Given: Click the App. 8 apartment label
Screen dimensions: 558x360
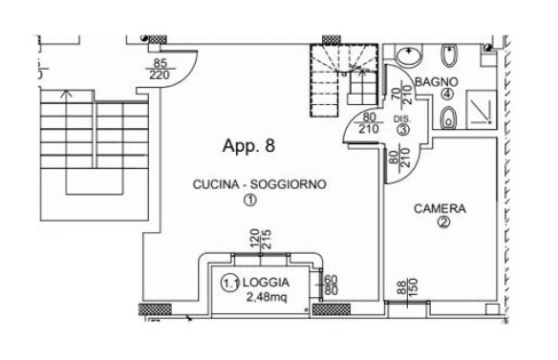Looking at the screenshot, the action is coord(248,146).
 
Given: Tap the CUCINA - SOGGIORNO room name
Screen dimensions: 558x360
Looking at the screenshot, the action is coord(260,184).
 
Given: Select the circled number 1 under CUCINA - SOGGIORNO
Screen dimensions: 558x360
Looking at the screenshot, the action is coord(249,200).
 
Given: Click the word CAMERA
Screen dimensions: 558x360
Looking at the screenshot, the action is coord(440,208).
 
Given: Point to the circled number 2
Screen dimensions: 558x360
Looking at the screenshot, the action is coord(443,222).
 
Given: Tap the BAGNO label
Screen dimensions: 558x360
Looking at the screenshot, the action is coord(437,82).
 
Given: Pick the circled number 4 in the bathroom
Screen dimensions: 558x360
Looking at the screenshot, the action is coord(447,95).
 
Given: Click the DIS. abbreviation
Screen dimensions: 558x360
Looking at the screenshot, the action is coord(401,119).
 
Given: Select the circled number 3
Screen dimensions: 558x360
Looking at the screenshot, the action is coord(403,130).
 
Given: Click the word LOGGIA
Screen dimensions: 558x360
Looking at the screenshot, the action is coord(266,283).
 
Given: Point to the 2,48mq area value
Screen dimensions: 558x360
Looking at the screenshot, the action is coord(267,297).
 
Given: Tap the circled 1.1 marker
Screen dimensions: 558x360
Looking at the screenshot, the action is coord(230,284).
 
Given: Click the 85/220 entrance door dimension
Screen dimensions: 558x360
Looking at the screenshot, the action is coord(160,69).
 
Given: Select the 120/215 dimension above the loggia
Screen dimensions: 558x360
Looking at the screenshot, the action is coord(260,239).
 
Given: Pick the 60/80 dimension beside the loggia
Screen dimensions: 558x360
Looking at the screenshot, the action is coord(331,285).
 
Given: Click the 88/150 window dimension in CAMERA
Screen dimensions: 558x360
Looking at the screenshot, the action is coord(407,288).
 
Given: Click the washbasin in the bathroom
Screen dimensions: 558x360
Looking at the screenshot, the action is coord(408,55).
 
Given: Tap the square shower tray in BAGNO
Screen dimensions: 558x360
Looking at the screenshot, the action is coord(481,109).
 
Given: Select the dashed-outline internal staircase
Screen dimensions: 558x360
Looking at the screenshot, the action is coord(344,80).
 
